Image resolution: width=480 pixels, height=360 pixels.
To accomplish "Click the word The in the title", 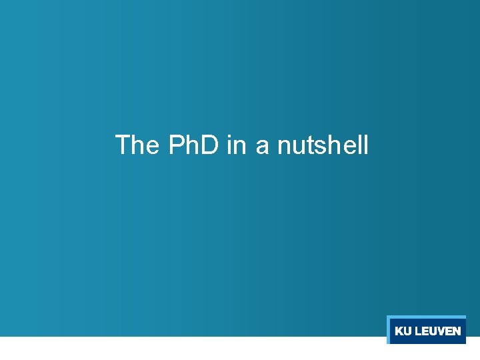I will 135,145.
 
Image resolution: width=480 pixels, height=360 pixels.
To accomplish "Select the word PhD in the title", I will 193,145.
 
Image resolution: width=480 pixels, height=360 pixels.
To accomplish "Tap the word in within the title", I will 236,145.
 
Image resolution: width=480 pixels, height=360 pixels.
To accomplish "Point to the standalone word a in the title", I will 262,146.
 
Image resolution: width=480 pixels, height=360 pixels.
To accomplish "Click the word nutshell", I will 323,145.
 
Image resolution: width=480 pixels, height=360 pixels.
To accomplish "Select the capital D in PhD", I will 209,145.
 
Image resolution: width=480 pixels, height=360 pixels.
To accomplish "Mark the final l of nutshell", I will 365,144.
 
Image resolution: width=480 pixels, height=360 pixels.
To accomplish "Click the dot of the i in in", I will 229,136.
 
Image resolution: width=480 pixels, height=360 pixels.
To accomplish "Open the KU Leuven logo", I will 427,330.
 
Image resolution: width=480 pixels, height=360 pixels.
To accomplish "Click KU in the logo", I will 403,331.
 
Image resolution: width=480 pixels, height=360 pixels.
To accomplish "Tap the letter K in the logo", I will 399,331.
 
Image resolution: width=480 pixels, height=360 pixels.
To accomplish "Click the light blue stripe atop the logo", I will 427,317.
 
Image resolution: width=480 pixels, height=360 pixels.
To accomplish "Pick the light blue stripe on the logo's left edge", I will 388,330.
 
